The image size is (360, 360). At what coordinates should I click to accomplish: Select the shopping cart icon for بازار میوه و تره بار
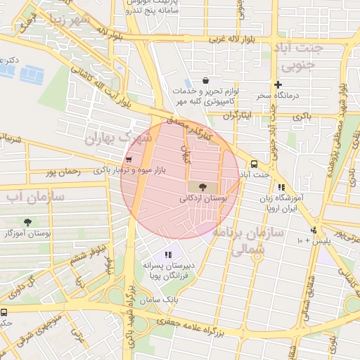(x=128, y=160)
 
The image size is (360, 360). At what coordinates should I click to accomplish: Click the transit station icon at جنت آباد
(x=254, y=164)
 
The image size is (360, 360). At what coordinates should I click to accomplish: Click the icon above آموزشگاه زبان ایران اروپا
(x=281, y=187)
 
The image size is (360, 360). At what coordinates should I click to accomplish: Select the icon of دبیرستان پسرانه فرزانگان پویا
(x=167, y=255)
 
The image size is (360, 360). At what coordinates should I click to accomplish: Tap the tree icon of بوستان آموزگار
(x=27, y=221)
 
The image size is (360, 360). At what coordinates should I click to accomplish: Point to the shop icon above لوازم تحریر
(x=205, y=80)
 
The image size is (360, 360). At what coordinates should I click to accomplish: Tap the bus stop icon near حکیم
(x=4, y=311)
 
